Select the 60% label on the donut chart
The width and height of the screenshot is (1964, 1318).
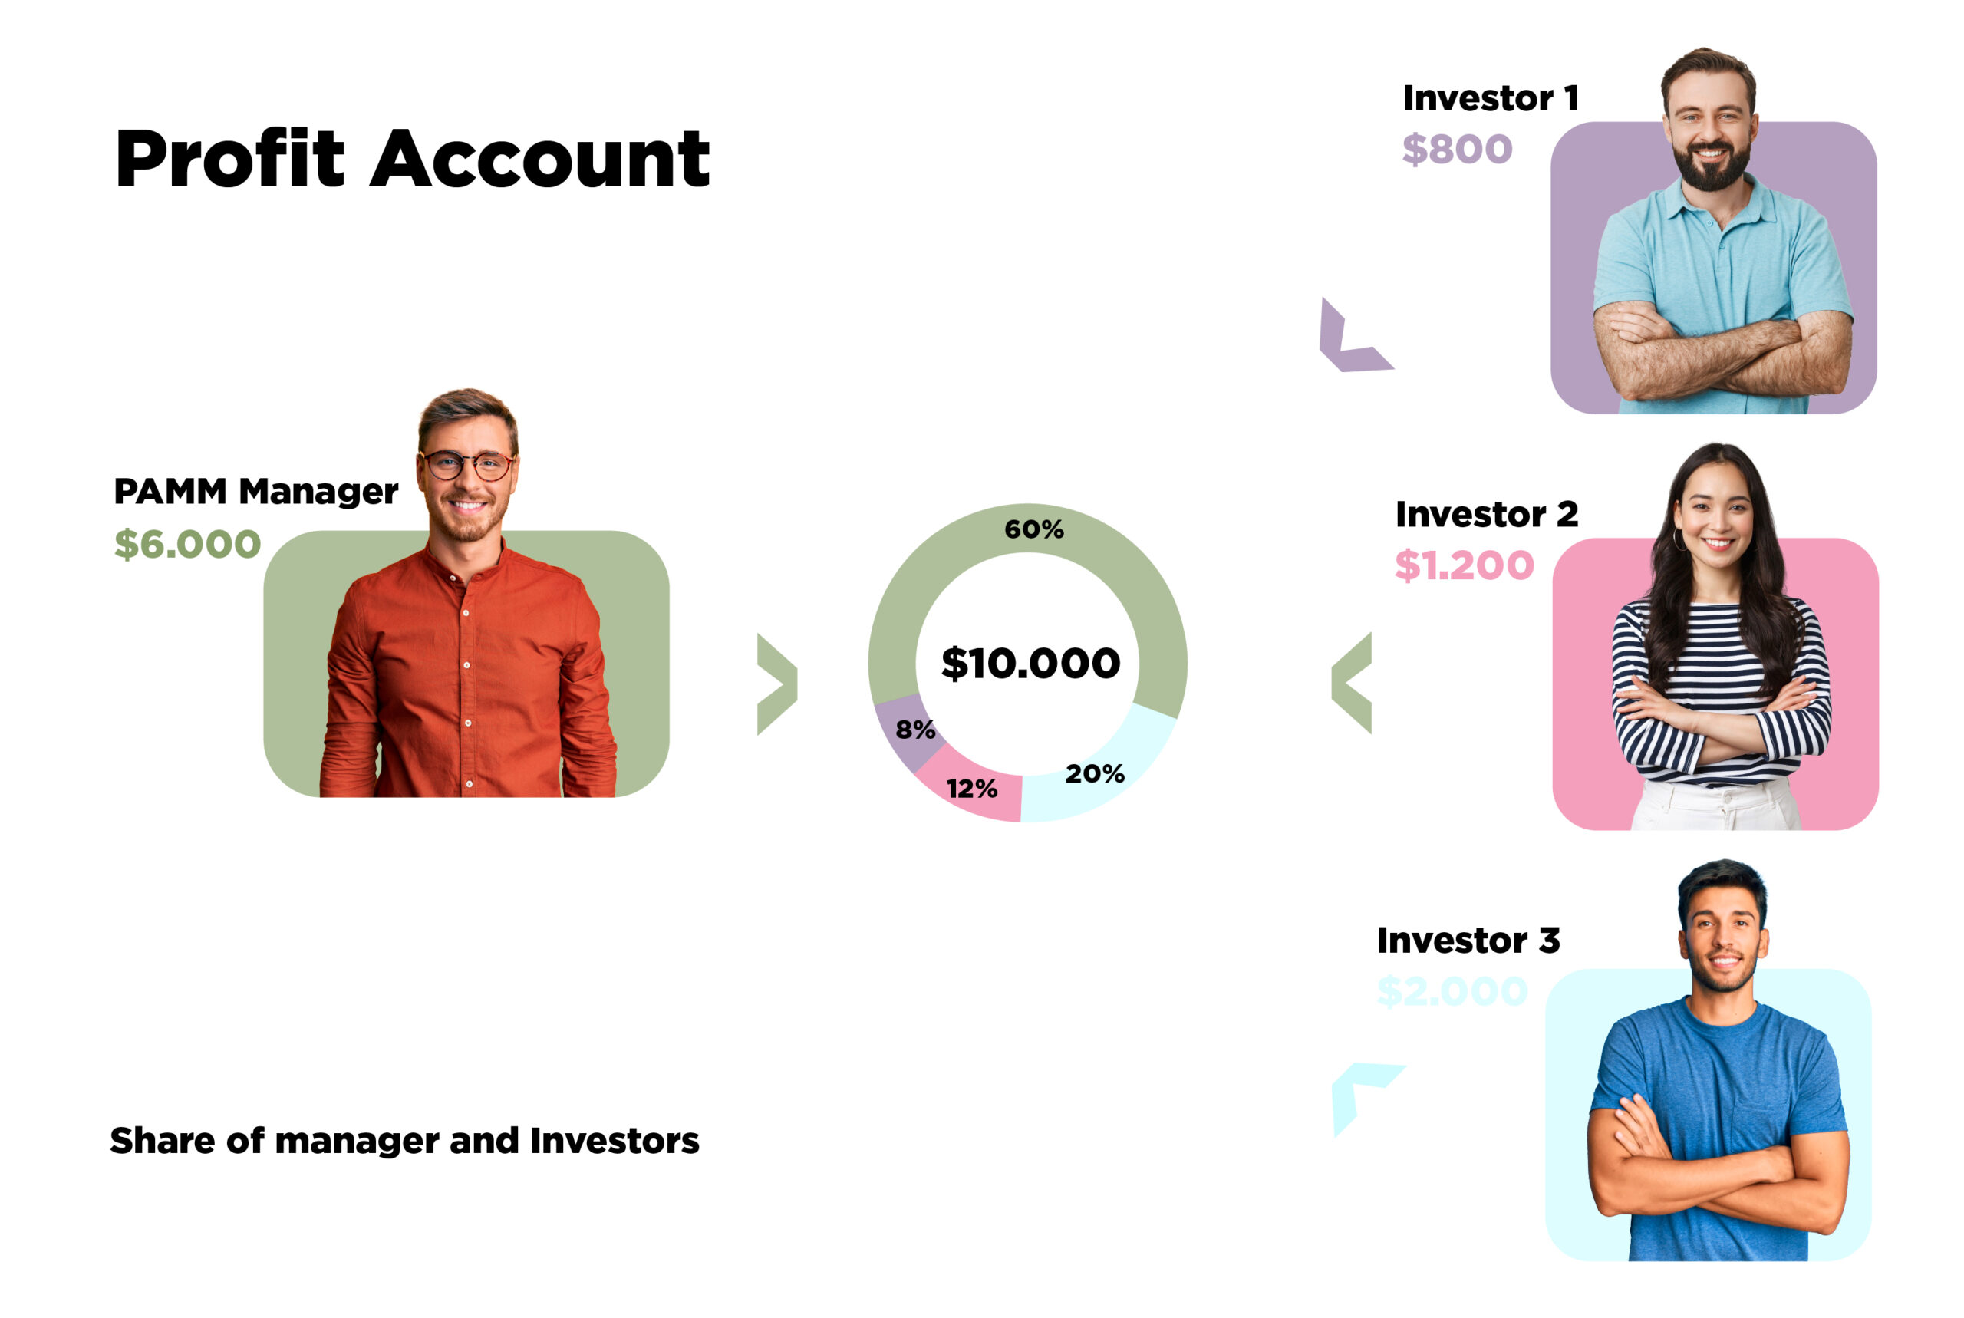tap(1033, 529)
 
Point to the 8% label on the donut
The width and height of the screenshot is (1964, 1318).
tap(915, 729)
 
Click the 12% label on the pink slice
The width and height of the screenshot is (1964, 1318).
tap(971, 789)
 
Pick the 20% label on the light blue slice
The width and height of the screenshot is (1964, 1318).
tap(1095, 773)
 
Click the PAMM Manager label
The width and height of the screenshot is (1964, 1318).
tap(255, 492)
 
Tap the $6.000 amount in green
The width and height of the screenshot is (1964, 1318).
tap(187, 544)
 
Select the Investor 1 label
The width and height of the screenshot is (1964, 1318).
tap(1490, 98)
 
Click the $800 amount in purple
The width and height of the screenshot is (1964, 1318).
tap(1456, 149)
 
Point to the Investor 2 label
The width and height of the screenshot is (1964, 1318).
tap(1486, 515)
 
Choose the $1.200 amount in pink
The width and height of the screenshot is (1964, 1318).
tap(1464, 565)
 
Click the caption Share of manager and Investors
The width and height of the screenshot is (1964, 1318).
tap(404, 1141)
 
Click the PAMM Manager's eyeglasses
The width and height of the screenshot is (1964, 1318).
tap(467, 465)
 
